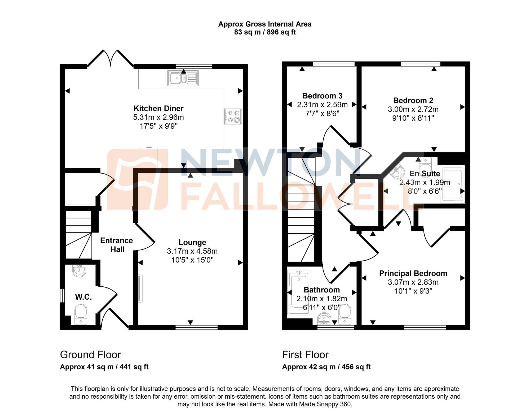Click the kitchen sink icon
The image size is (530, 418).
[x=183, y=78]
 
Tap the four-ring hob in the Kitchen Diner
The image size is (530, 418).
[x=233, y=116]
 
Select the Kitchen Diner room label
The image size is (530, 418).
[x=158, y=108]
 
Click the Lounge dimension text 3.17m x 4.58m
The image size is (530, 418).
[x=192, y=251]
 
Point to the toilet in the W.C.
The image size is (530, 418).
[x=81, y=314]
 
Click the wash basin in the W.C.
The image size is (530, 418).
[x=79, y=271]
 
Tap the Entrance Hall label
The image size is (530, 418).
[x=117, y=245]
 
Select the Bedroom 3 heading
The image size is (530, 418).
[x=322, y=96]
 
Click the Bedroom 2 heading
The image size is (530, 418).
[x=413, y=101]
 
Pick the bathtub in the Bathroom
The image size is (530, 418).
[x=299, y=292]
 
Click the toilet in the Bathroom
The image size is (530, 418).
[x=345, y=314]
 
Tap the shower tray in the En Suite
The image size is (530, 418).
[x=453, y=184]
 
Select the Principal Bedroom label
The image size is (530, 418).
[x=413, y=273]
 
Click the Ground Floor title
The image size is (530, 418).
[x=90, y=355]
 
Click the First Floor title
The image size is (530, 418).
[x=305, y=355]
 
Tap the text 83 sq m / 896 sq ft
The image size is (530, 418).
[x=265, y=32]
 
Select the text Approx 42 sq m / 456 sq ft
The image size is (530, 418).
[x=326, y=367]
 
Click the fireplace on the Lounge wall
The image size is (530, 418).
[x=140, y=288]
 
